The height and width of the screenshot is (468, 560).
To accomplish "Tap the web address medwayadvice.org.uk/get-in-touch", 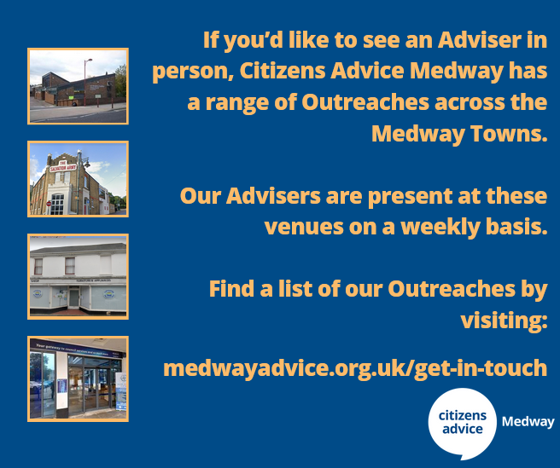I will point(355,368).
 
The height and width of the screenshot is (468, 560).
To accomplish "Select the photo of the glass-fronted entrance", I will point(78,378).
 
